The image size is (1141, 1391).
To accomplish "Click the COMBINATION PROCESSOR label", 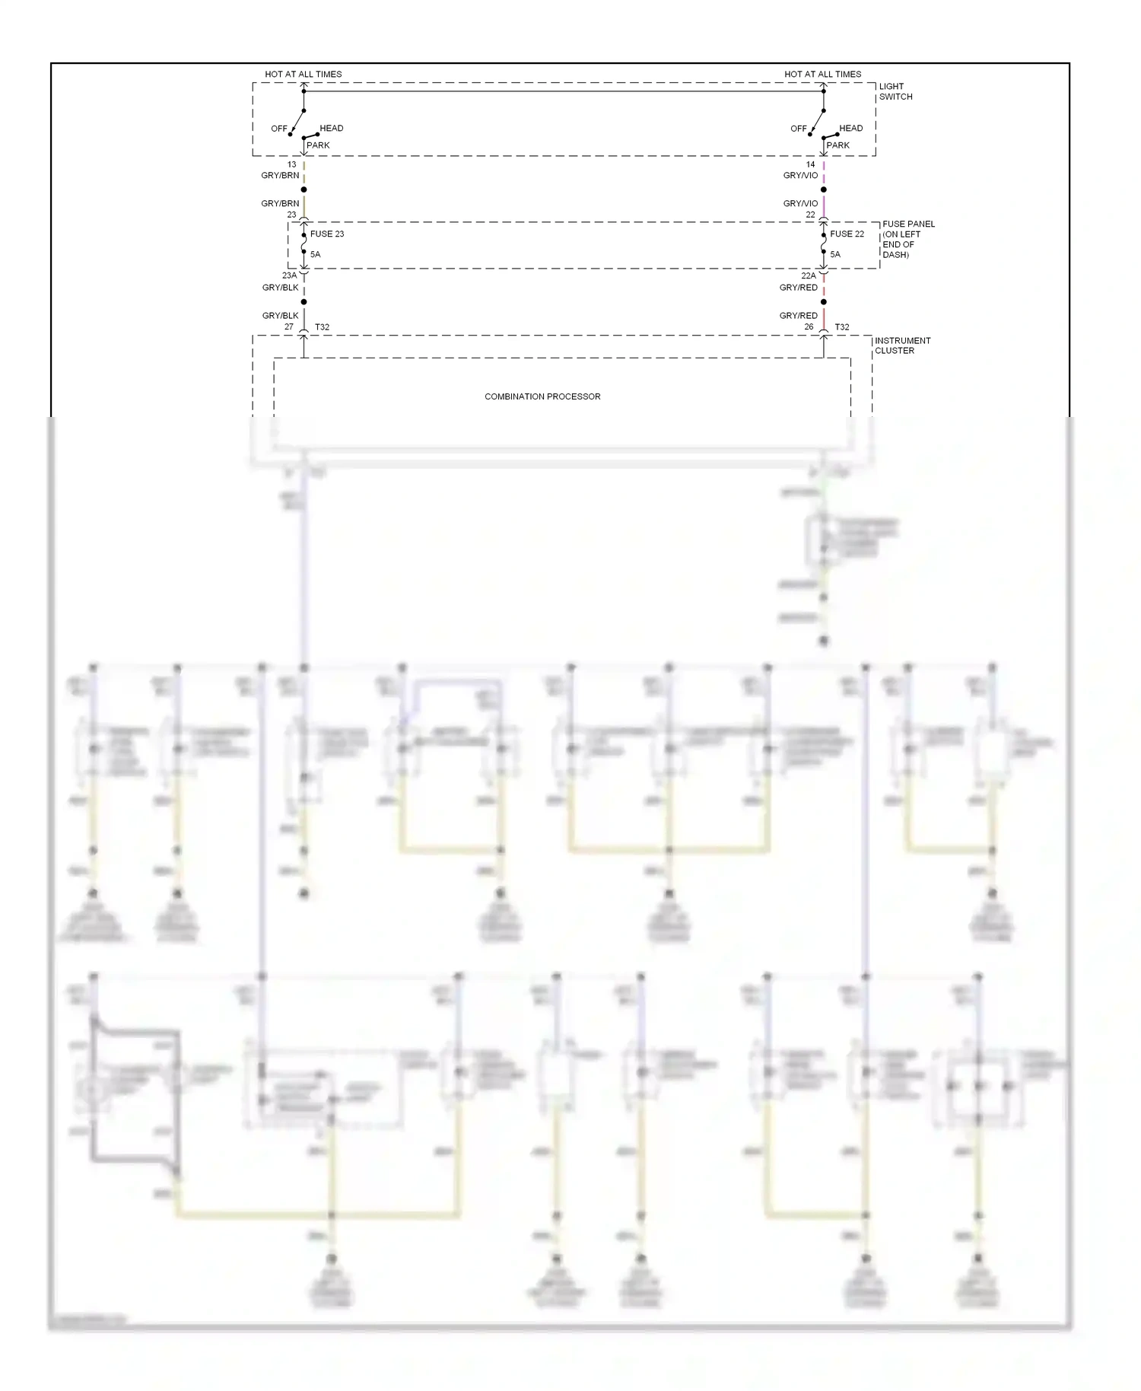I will tap(542, 396).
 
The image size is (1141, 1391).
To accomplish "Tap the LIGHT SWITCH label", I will tap(895, 91).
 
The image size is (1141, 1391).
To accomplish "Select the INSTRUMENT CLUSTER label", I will tap(902, 345).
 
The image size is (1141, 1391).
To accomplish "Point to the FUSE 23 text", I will tap(327, 234).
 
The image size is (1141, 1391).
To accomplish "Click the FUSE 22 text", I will tap(847, 234).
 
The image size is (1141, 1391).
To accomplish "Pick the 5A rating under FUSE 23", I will tap(315, 254).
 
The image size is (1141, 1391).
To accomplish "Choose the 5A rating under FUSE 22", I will tap(835, 254).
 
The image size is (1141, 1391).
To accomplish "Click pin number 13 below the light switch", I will tap(291, 164).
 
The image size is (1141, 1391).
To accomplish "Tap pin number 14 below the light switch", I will tap(810, 164).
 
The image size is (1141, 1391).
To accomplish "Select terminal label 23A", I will tap(289, 275).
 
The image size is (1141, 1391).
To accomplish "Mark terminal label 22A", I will tap(808, 275).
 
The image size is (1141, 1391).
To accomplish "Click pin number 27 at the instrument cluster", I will tap(289, 327).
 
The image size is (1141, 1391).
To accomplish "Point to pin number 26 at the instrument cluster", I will tap(809, 327).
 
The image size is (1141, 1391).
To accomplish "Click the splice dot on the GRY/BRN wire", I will tap(304, 189).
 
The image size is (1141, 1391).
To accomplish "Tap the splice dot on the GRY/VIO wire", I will tap(823, 189).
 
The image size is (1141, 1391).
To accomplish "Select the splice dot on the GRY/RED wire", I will tap(823, 302).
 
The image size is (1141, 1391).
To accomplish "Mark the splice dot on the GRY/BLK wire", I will tap(304, 302).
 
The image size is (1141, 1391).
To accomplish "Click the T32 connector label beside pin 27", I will tap(323, 327).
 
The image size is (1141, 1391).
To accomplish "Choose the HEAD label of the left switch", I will tap(331, 128).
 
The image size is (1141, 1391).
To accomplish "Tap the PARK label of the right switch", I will tap(837, 145).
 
